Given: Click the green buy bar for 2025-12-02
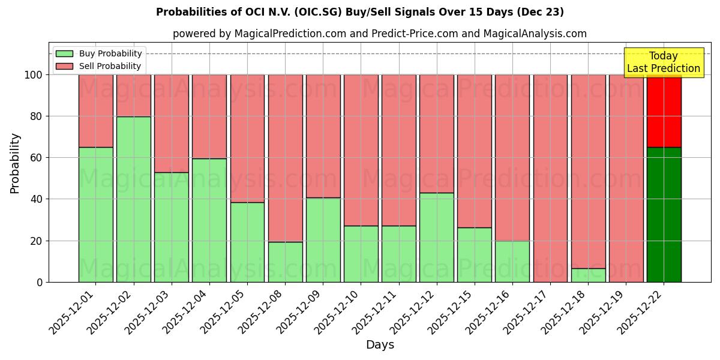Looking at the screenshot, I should pyautogui.click(x=133, y=199).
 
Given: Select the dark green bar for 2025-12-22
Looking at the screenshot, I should pyautogui.click(x=664, y=214).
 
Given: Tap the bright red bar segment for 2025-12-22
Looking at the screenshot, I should pyautogui.click(x=664, y=111).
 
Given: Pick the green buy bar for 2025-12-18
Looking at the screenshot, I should pyautogui.click(x=588, y=275).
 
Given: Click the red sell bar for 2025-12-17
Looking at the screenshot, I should pyautogui.click(x=550, y=178).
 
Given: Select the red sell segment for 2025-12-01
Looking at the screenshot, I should pyautogui.click(x=95, y=111).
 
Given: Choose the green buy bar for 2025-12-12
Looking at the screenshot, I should pyautogui.click(x=437, y=237).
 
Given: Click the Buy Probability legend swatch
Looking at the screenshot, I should pyautogui.click(x=64, y=53).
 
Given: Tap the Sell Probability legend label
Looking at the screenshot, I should pyautogui.click(x=110, y=66).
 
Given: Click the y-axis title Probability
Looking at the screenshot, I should pyautogui.click(x=15, y=163).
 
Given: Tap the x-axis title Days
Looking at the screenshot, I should pyautogui.click(x=380, y=345).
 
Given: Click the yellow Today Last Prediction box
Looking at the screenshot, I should pyautogui.click(x=664, y=62).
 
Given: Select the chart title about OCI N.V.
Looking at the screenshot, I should pyautogui.click(x=360, y=12).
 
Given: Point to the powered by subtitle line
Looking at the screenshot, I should pyautogui.click(x=380, y=34).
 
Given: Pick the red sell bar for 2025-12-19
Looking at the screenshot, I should pyautogui.click(x=626, y=178).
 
